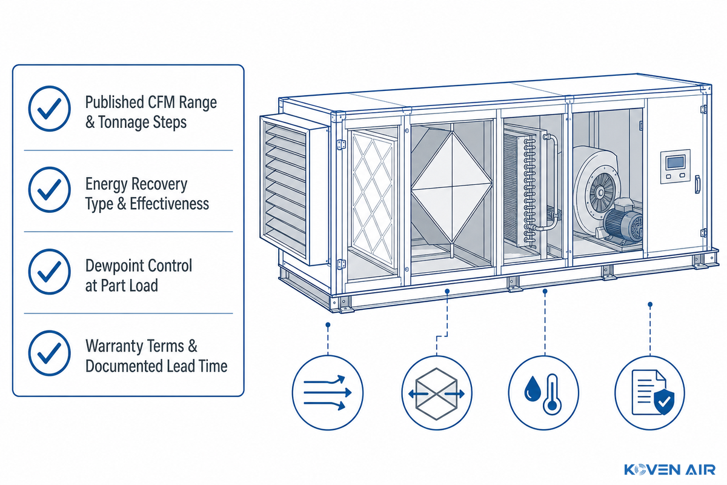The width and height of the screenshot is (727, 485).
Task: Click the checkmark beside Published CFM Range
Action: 49,109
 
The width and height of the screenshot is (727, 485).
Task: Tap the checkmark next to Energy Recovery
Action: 49,190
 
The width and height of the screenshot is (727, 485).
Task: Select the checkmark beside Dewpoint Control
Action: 49,272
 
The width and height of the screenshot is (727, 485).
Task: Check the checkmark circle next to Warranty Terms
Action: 49,353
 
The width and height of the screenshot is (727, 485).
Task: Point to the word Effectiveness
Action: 169,204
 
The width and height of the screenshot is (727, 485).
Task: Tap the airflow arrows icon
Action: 328,393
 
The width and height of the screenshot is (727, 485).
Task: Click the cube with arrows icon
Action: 437,393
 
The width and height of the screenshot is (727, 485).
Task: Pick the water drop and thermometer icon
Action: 543,393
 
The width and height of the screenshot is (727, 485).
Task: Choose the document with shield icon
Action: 649,393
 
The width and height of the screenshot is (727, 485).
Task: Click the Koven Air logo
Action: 669,470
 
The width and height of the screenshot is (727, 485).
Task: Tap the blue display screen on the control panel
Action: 676,162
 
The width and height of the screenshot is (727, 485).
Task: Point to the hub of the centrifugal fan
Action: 600,193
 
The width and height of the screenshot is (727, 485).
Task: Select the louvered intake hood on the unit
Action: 294,190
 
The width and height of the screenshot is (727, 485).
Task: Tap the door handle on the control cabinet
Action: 697,184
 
